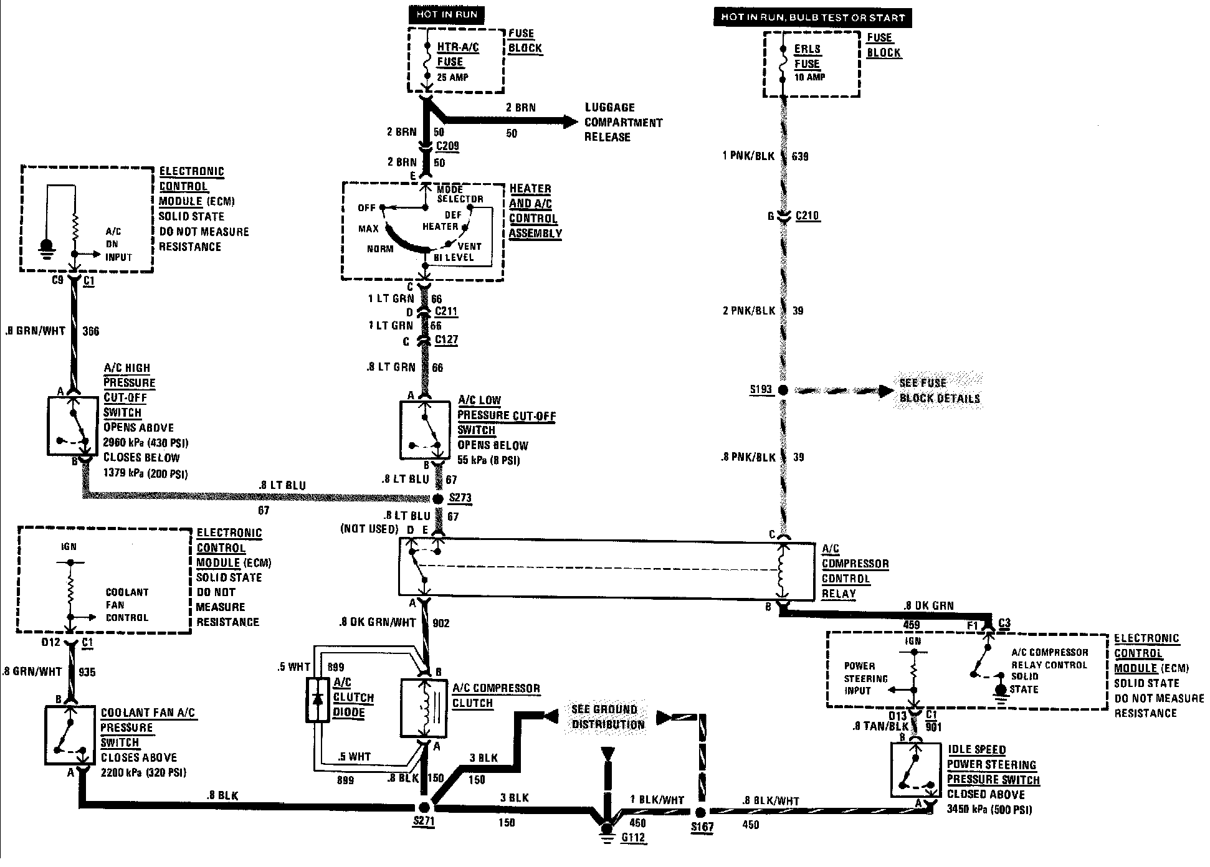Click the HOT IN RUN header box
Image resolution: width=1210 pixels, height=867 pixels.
click(446, 15)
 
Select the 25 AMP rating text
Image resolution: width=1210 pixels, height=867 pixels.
click(452, 77)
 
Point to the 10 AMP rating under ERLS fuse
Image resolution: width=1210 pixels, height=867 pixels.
click(809, 77)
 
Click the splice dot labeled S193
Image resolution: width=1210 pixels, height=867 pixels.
click(783, 390)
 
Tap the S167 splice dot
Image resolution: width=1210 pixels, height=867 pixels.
click(700, 812)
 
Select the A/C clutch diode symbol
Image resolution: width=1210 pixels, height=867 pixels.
click(318, 699)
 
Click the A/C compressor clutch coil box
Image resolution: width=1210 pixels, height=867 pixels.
click(424, 709)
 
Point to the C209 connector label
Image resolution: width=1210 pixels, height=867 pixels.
click(447, 147)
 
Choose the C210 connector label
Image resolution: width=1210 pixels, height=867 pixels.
click(807, 216)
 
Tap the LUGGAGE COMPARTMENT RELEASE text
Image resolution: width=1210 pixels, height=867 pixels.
click(622, 122)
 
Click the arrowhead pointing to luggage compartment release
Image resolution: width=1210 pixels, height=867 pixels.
click(569, 122)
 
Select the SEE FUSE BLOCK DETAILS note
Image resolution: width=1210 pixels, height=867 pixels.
click(940, 391)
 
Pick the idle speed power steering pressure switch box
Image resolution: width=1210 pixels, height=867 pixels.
click(916, 770)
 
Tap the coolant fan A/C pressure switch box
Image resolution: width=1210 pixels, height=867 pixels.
click(70, 735)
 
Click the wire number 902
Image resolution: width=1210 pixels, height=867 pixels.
click(441, 623)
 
